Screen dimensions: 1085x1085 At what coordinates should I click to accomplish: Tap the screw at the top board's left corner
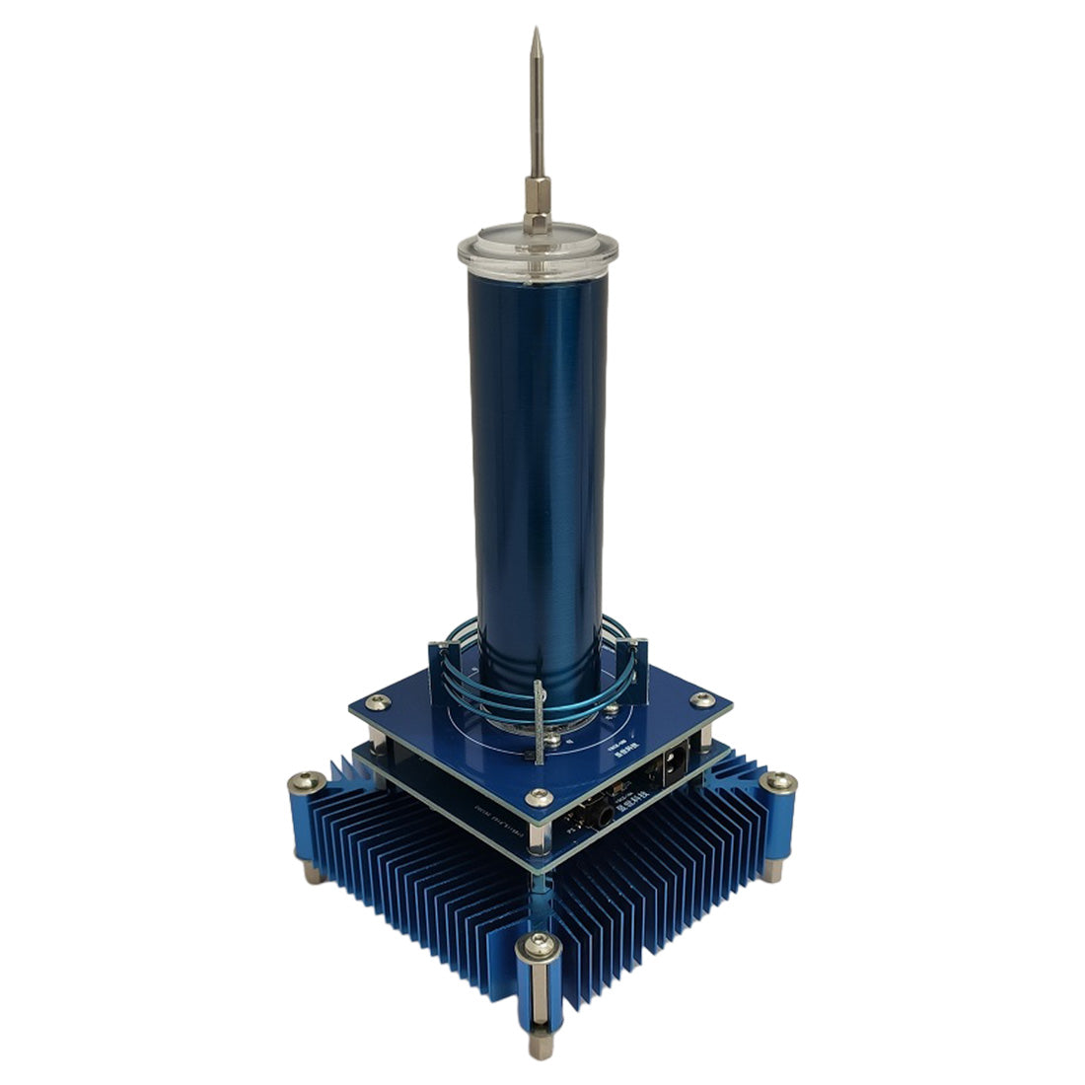tap(375, 702)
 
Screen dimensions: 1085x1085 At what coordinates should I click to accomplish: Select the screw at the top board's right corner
tap(701, 699)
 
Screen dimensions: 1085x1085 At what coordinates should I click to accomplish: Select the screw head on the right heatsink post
tap(779, 782)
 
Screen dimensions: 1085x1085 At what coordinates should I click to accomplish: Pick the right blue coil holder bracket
tap(640, 666)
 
